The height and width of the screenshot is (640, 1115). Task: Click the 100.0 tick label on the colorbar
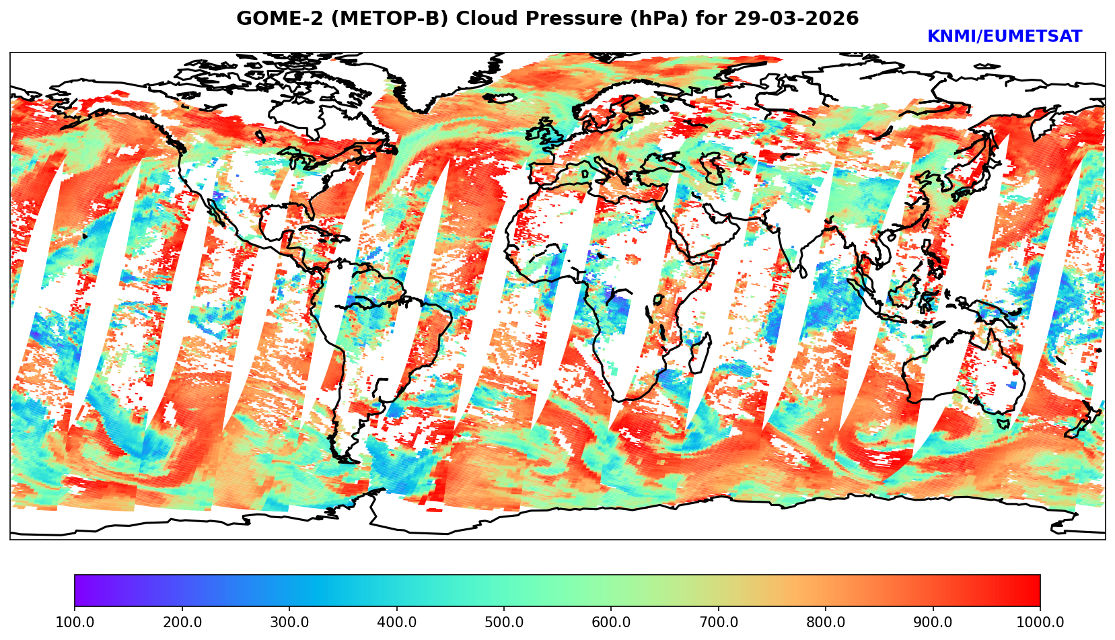75,622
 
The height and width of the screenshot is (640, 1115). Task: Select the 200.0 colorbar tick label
182,622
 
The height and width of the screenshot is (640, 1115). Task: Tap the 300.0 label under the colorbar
289,622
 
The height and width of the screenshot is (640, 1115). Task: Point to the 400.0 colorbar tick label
396,622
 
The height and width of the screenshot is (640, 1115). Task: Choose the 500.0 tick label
504,622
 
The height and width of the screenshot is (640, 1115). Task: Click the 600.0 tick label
611,622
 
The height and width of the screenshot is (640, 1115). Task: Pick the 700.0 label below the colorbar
719,622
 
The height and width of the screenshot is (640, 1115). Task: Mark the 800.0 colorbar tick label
826,622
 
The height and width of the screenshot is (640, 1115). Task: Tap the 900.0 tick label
933,622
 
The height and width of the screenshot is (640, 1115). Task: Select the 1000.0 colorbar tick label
1039,622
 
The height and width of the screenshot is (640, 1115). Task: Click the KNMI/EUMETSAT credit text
1004,37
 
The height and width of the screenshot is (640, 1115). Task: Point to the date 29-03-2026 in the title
797,19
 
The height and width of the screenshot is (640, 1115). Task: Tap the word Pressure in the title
561,19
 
